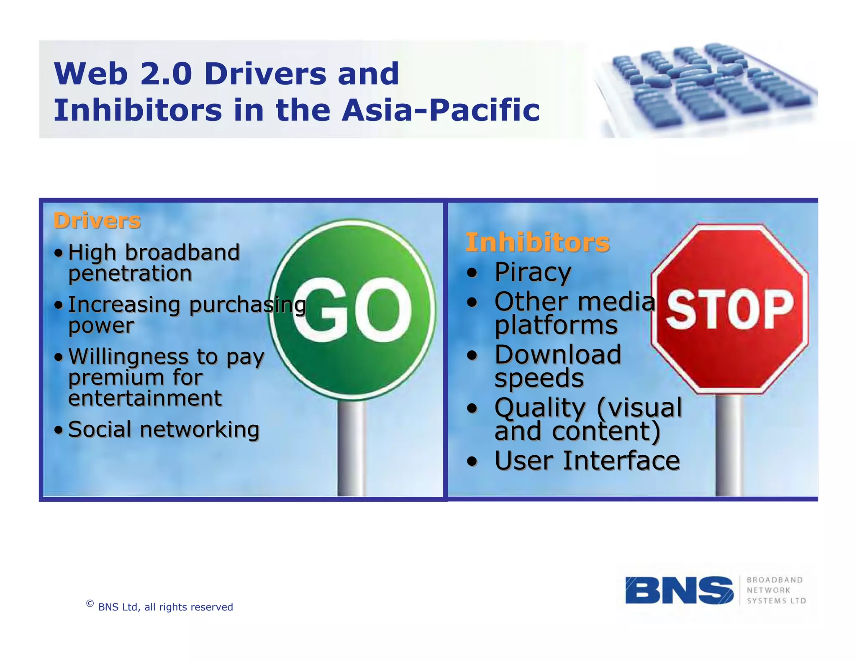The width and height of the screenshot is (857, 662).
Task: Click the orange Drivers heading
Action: tap(97, 221)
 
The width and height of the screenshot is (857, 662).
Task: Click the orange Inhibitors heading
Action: tap(537, 242)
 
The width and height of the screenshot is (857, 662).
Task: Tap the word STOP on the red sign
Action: tap(729, 310)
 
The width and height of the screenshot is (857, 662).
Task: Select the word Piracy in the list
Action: tap(532, 272)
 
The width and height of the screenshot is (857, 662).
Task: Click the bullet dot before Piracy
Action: tap(472, 273)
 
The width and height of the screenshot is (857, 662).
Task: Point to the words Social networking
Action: tap(164, 430)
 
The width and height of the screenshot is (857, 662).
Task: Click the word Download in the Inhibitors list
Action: tap(557, 355)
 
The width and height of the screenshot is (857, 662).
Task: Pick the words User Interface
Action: tap(587, 461)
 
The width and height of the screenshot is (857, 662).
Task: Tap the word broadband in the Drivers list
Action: tap(182, 253)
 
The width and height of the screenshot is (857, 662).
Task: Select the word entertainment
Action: tap(145, 398)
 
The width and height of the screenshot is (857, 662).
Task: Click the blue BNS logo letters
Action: tap(679, 590)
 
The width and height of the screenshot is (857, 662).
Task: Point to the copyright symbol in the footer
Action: tap(90, 603)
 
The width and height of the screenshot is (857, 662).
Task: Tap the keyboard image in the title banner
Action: tap(707, 88)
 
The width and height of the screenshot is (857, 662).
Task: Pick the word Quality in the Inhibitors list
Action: tap(540, 408)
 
